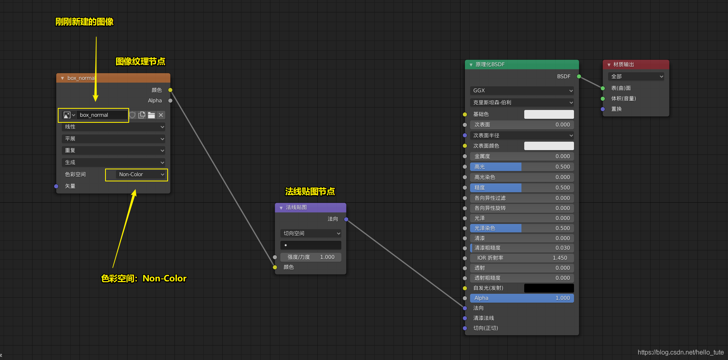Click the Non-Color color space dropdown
coord(141,175)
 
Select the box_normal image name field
coord(102,115)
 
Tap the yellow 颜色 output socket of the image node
coord(170,90)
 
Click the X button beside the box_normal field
coord(161,115)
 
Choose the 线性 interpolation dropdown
coord(114,127)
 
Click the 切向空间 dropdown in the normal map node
coord(311,234)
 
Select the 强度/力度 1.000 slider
coord(311,257)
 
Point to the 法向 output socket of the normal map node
coord(346,219)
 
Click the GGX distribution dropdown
coord(522,91)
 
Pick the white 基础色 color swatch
coord(549,114)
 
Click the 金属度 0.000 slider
coord(522,157)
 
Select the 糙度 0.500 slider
coord(522,188)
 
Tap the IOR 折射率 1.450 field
coord(522,258)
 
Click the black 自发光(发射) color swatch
coord(549,288)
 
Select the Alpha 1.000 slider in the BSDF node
coord(522,298)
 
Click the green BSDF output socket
coord(579,76)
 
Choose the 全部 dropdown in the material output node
coord(636,77)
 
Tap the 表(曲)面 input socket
coord(603,88)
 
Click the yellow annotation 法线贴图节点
coord(310,191)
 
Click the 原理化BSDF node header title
coord(490,65)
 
